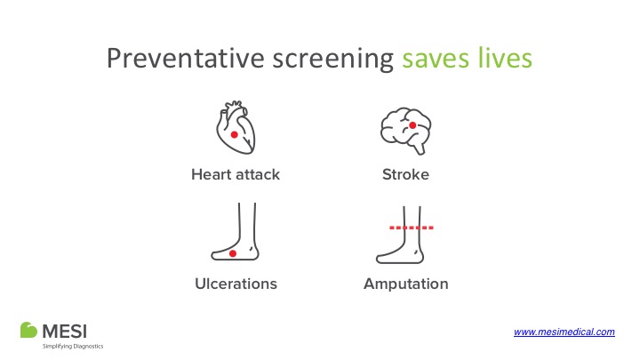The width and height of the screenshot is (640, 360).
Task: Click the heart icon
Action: pos(236,127)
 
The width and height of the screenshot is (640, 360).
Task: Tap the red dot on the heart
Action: pos(235,135)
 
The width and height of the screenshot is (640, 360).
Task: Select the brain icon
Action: pos(405,131)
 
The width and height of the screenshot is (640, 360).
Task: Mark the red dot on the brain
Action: pos(412,125)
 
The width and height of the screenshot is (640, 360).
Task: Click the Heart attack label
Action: pos(236,175)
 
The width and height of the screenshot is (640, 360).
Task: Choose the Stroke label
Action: pos(405,175)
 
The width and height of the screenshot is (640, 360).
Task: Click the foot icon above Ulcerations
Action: pos(235,231)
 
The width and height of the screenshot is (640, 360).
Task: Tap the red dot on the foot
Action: pos(233,253)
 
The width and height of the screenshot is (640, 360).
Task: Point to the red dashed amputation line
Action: pos(412,228)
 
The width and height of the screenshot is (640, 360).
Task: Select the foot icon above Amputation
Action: pos(400,235)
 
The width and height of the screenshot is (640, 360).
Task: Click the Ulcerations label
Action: pos(236,284)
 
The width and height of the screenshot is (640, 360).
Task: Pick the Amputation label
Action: pos(405,284)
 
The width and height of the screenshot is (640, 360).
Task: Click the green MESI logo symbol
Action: pos(28,330)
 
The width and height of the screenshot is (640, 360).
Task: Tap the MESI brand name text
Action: pos(65,331)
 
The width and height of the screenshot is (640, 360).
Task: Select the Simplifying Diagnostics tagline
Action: pos(73,346)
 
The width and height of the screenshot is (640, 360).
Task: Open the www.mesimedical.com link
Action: pos(564,332)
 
